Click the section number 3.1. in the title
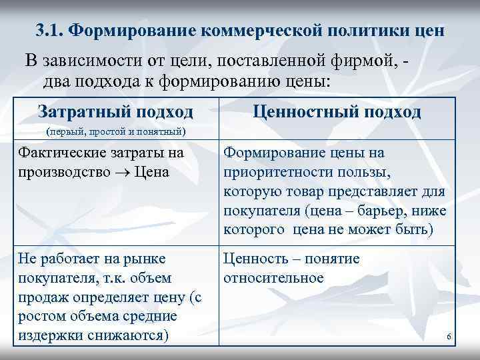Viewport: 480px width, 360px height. point(50,31)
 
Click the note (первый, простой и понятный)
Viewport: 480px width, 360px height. point(115,131)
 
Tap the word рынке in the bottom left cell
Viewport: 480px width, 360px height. point(148,259)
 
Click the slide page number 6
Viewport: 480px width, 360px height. point(449,337)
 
